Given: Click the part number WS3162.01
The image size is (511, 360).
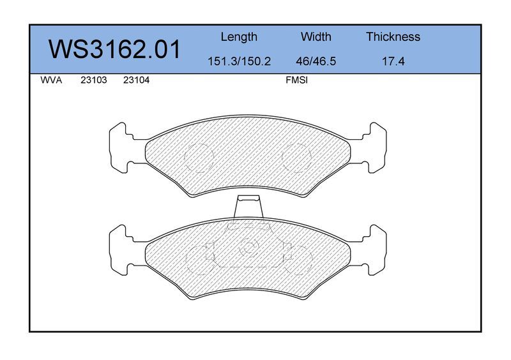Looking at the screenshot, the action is click(114, 49).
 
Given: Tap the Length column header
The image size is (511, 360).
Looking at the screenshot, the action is click(239, 37).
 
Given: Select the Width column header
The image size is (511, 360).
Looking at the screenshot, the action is click(316, 37).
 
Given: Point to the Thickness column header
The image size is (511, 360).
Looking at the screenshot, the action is click(393, 37).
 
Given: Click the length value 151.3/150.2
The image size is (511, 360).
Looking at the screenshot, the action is click(239, 61).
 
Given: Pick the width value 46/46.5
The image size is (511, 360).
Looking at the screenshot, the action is click(316, 61).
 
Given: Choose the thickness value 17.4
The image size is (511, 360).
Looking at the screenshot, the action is click(393, 61).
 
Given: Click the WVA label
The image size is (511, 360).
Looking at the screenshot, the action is click(51, 80).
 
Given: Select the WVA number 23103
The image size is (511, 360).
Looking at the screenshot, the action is click(94, 80).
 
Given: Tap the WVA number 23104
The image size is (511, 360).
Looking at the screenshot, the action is click(136, 80).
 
